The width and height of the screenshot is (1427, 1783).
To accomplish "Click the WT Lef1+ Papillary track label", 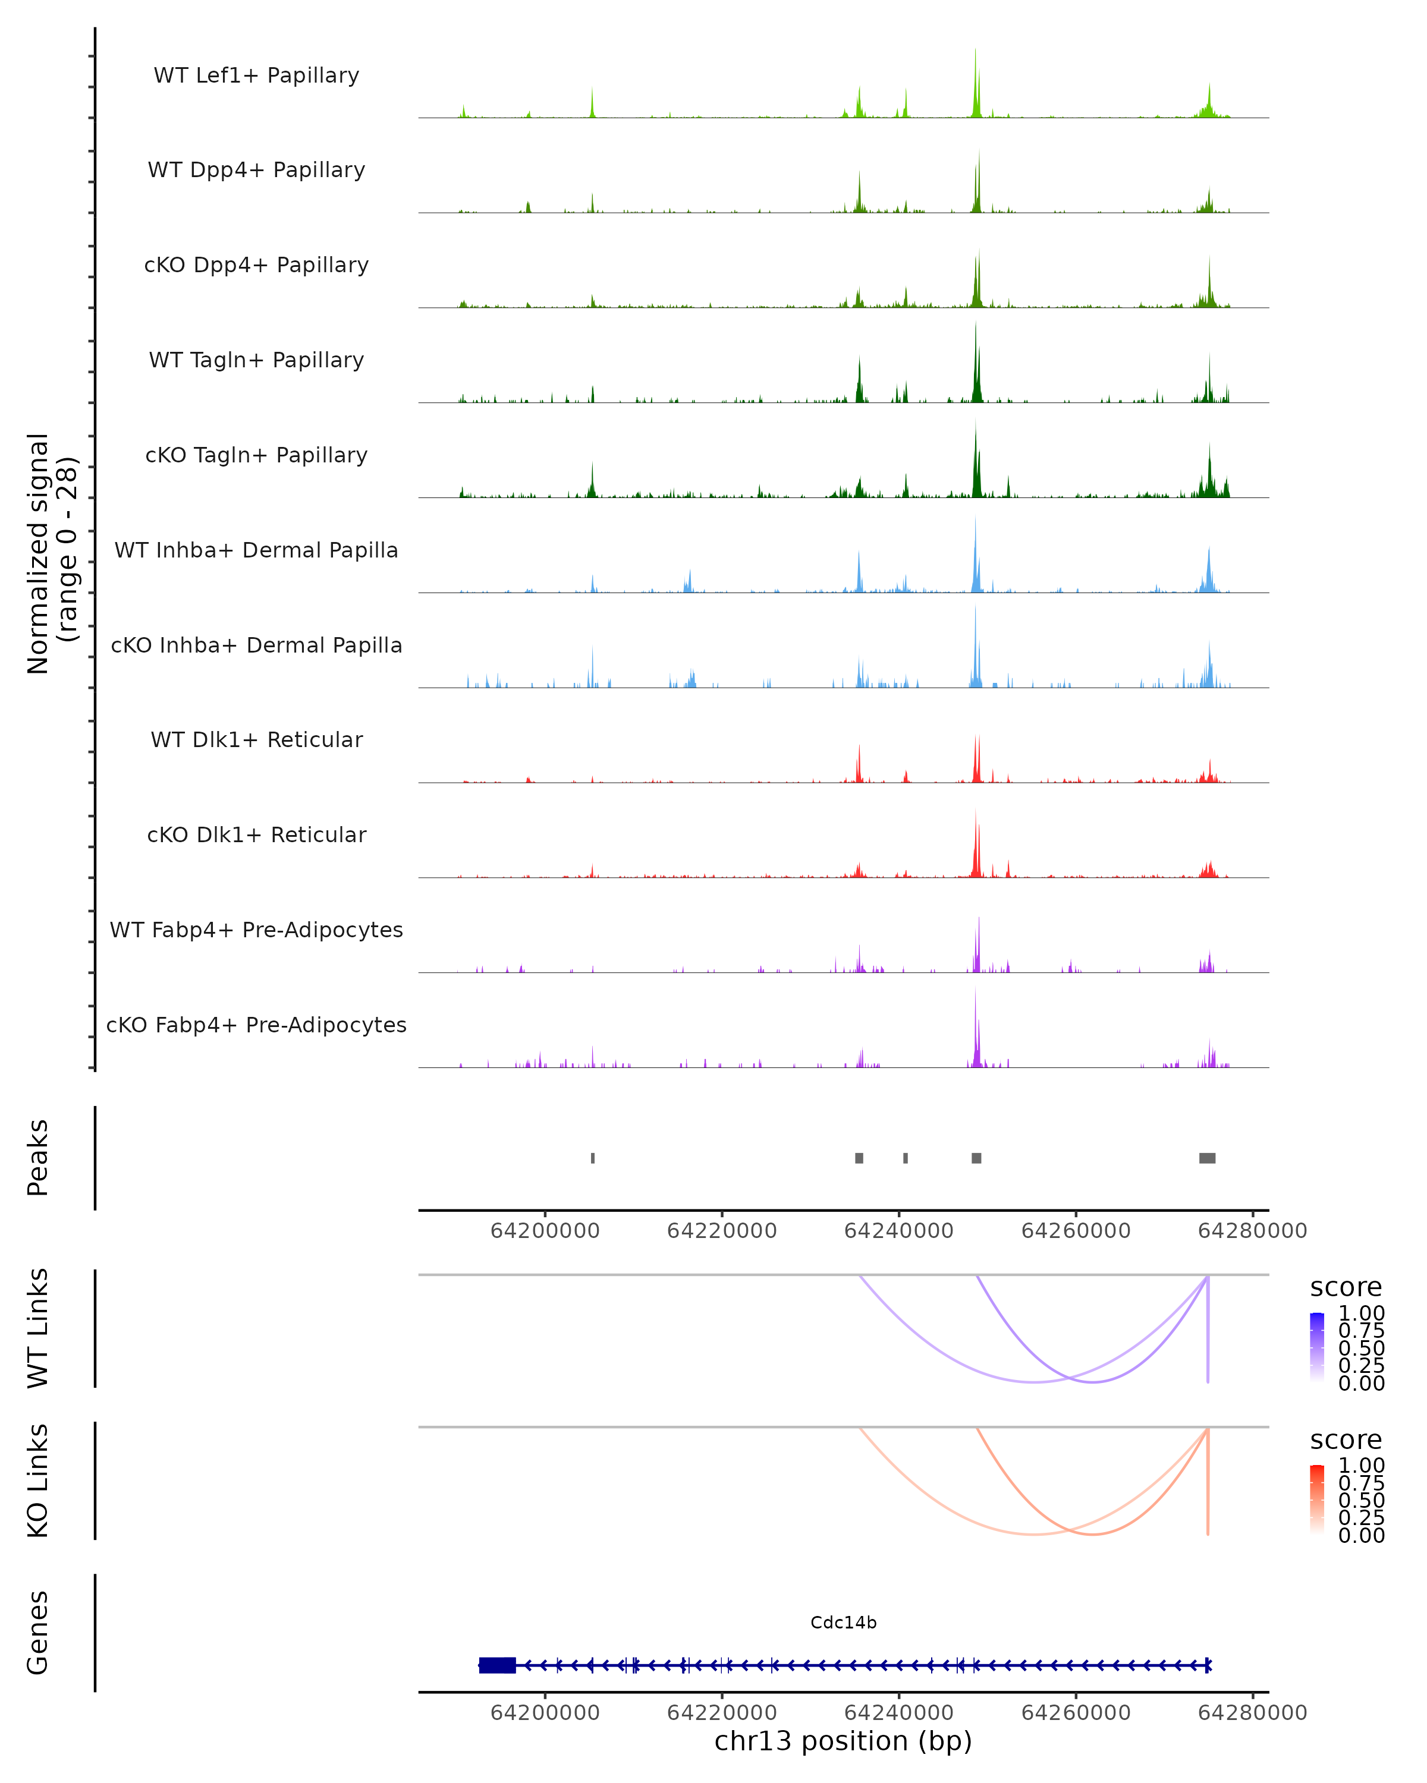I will (x=256, y=75).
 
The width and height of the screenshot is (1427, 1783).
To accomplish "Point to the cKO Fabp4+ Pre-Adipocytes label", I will (x=256, y=1025).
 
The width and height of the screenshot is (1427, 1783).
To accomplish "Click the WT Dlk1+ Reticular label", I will (x=256, y=739).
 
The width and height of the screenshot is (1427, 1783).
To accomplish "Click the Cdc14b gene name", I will (x=843, y=1623).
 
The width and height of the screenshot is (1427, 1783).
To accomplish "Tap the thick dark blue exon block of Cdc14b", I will (x=497, y=1665).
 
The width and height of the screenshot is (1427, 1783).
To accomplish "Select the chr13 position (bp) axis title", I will (x=843, y=1741).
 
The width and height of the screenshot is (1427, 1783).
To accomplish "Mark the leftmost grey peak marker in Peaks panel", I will (x=592, y=1158).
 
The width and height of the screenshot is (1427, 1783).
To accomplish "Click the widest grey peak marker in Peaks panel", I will (x=1207, y=1158).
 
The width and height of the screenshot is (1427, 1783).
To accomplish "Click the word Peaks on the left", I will (x=38, y=1158).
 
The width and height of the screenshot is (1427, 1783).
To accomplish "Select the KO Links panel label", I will (x=38, y=1480).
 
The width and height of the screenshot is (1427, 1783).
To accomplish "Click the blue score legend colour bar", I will (x=1317, y=1346).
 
